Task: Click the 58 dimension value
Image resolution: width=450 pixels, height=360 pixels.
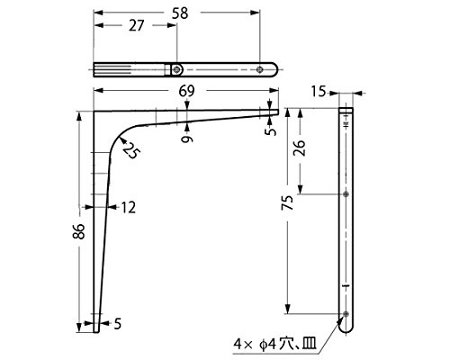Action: [x=180, y=13]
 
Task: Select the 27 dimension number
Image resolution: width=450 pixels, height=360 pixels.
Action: [x=137, y=26]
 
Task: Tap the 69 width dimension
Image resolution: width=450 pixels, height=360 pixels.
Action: [x=186, y=91]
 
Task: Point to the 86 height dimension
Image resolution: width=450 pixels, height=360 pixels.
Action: [x=79, y=231]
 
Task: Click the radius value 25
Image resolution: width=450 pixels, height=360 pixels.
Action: [x=131, y=150]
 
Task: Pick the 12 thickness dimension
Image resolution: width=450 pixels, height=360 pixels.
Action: [x=128, y=207]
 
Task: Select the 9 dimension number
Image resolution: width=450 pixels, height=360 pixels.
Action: [x=187, y=139]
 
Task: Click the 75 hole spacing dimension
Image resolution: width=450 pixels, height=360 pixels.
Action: [x=287, y=202]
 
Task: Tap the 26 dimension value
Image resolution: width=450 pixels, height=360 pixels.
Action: [x=300, y=148]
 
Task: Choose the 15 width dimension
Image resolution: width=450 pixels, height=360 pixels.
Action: [x=319, y=92]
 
